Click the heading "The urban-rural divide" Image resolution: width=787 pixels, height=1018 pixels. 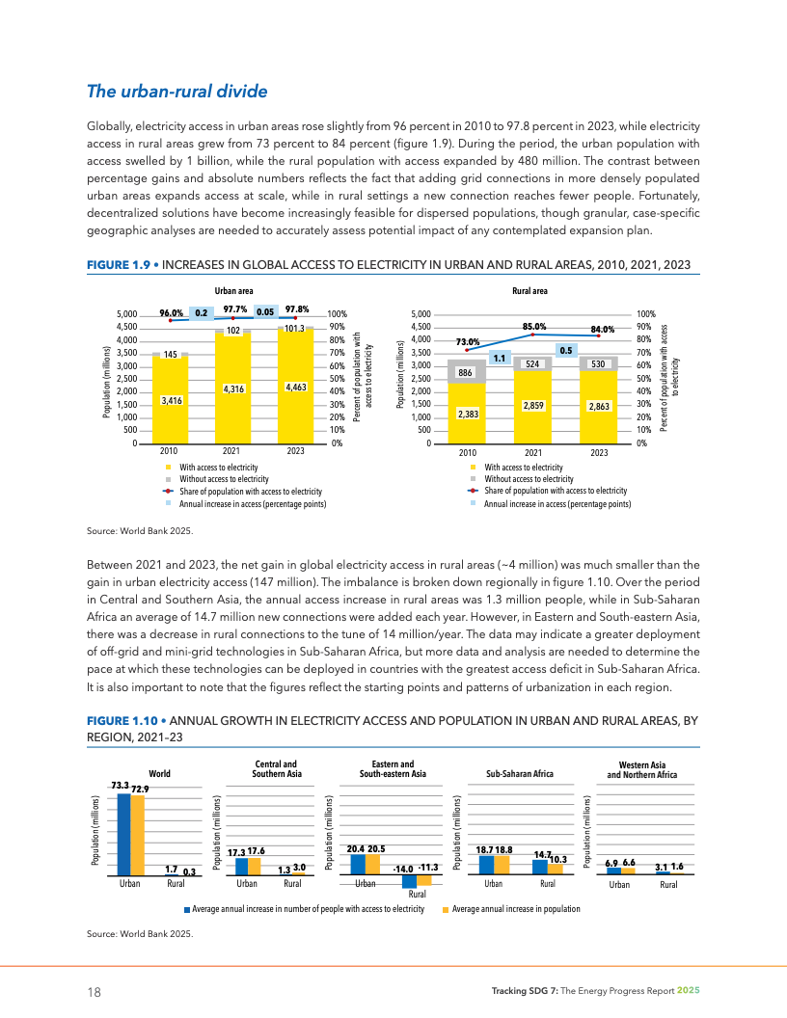176,92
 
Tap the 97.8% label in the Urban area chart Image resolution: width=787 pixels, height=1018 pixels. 297,309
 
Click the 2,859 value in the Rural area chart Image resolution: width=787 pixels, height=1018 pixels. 532,406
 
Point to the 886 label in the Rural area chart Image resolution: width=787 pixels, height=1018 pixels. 465,372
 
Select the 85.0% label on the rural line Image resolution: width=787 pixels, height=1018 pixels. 534,327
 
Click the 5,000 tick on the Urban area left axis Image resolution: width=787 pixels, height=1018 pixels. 126,314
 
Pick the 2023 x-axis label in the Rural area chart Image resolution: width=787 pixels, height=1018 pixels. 599,452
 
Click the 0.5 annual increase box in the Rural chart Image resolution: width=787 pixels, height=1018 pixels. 567,350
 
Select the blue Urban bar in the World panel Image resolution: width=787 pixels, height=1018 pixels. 123,834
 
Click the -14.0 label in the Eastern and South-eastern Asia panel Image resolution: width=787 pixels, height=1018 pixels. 403,869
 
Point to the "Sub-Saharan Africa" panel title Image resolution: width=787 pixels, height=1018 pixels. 520,774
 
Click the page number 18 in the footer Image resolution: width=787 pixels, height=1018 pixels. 94,992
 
